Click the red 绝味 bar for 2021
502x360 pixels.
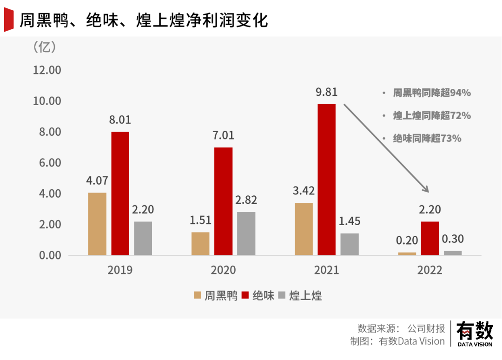pyautogui.click(x=326, y=180)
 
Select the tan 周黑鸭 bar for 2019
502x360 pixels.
pyautogui.click(x=97, y=224)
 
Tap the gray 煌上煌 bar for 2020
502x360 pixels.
pyautogui.click(x=246, y=233)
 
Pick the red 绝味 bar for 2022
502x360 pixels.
pyautogui.click(x=430, y=238)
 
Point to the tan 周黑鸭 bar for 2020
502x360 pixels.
pyautogui.click(x=200, y=243)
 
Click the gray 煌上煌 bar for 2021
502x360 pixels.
pyautogui.click(x=350, y=244)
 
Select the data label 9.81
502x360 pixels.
pyautogui.click(x=326, y=92)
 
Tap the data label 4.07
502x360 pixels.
pyautogui.click(x=97, y=180)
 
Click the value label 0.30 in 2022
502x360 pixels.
pyautogui.click(x=453, y=240)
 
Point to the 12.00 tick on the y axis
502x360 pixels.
pyautogui.click(x=46, y=70)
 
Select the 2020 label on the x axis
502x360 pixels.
pyautogui.click(x=223, y=270)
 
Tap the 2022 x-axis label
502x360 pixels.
pyautogui.click(x=430, y=270)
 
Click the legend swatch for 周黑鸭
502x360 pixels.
pyautogui.click(x=198, y=295)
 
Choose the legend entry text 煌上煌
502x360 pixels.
pyautogui.click(x=305, y=295)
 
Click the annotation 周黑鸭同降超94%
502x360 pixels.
pyautogui.click(x=432, y=93)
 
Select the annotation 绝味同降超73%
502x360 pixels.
pyautogui.click(x=427, y=138)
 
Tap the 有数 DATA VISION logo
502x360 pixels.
pyautogui.click(x=475, y=334)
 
